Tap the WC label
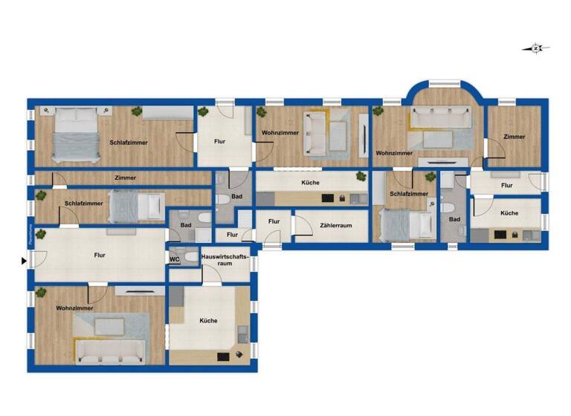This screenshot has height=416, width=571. (x=174, y=259)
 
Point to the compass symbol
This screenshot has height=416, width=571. (x=536, y=49)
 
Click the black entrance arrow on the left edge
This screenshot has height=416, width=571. (x=24, y=261)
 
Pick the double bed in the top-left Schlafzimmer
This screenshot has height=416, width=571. (x=76, y=134)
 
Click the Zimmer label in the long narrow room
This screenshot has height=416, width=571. (x=125, y=178)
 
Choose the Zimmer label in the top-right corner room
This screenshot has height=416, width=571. (x=514, y=137)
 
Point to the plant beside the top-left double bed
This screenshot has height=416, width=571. (x=137, y=111)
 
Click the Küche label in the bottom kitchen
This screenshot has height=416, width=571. (x=208, y=321)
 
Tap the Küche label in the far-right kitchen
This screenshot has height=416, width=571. (x=509, y=213)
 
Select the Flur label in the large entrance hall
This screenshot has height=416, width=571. (x=100, y=256)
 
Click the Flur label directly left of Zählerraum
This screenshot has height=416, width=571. (x=274, y=221)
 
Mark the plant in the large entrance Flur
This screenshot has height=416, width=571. (x=42, y=235)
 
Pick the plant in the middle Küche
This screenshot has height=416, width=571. (x=361, y=177)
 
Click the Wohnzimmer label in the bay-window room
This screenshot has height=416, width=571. (x=394, y=153)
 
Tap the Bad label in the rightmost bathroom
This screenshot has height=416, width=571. (x=454, y=219)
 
